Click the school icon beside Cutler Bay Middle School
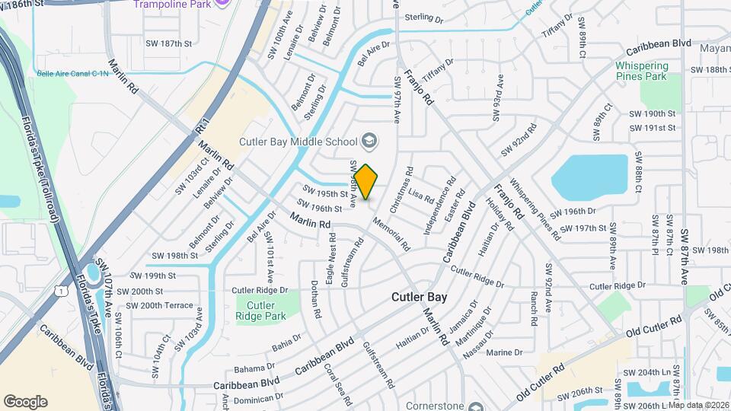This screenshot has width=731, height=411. pos(369,141)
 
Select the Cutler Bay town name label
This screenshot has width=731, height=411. pos(420,297)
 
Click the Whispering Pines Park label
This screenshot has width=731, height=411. pos(641,71)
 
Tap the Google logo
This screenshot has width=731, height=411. pos(25,401)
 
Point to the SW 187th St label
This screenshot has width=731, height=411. pos(168,44)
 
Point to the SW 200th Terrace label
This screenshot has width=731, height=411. pos(160,305)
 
